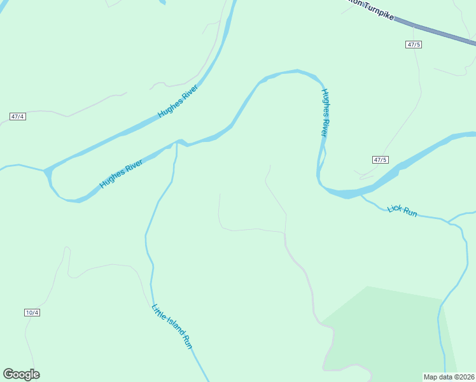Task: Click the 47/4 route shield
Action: (x=18, y=117)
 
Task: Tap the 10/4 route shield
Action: (x=32, y=312)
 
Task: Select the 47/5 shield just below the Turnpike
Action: (x=414, y=45)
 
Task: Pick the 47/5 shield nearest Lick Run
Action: (x=380, y=160)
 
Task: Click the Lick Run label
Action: (x=402, y=210)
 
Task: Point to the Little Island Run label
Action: (x=172, y=326)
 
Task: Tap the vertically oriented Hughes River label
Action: (x=324, y=113)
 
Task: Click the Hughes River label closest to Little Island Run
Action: (x=120, y=174)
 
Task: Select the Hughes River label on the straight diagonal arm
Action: (x=178, y=101)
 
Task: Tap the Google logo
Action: (x=21, y=374)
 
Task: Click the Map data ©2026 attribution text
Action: (x=449, y=376)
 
